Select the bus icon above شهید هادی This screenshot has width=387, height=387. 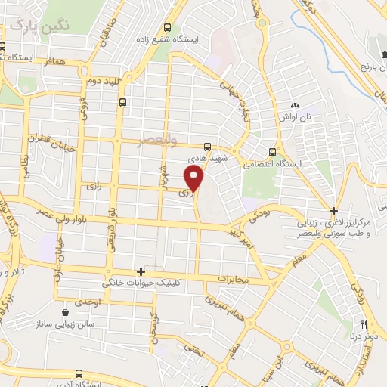207,147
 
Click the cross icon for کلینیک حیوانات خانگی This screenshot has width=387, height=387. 141,271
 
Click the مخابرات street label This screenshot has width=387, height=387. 233,280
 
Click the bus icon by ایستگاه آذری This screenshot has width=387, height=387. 79,373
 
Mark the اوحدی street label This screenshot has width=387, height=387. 87,302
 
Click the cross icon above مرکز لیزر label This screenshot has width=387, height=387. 333,211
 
